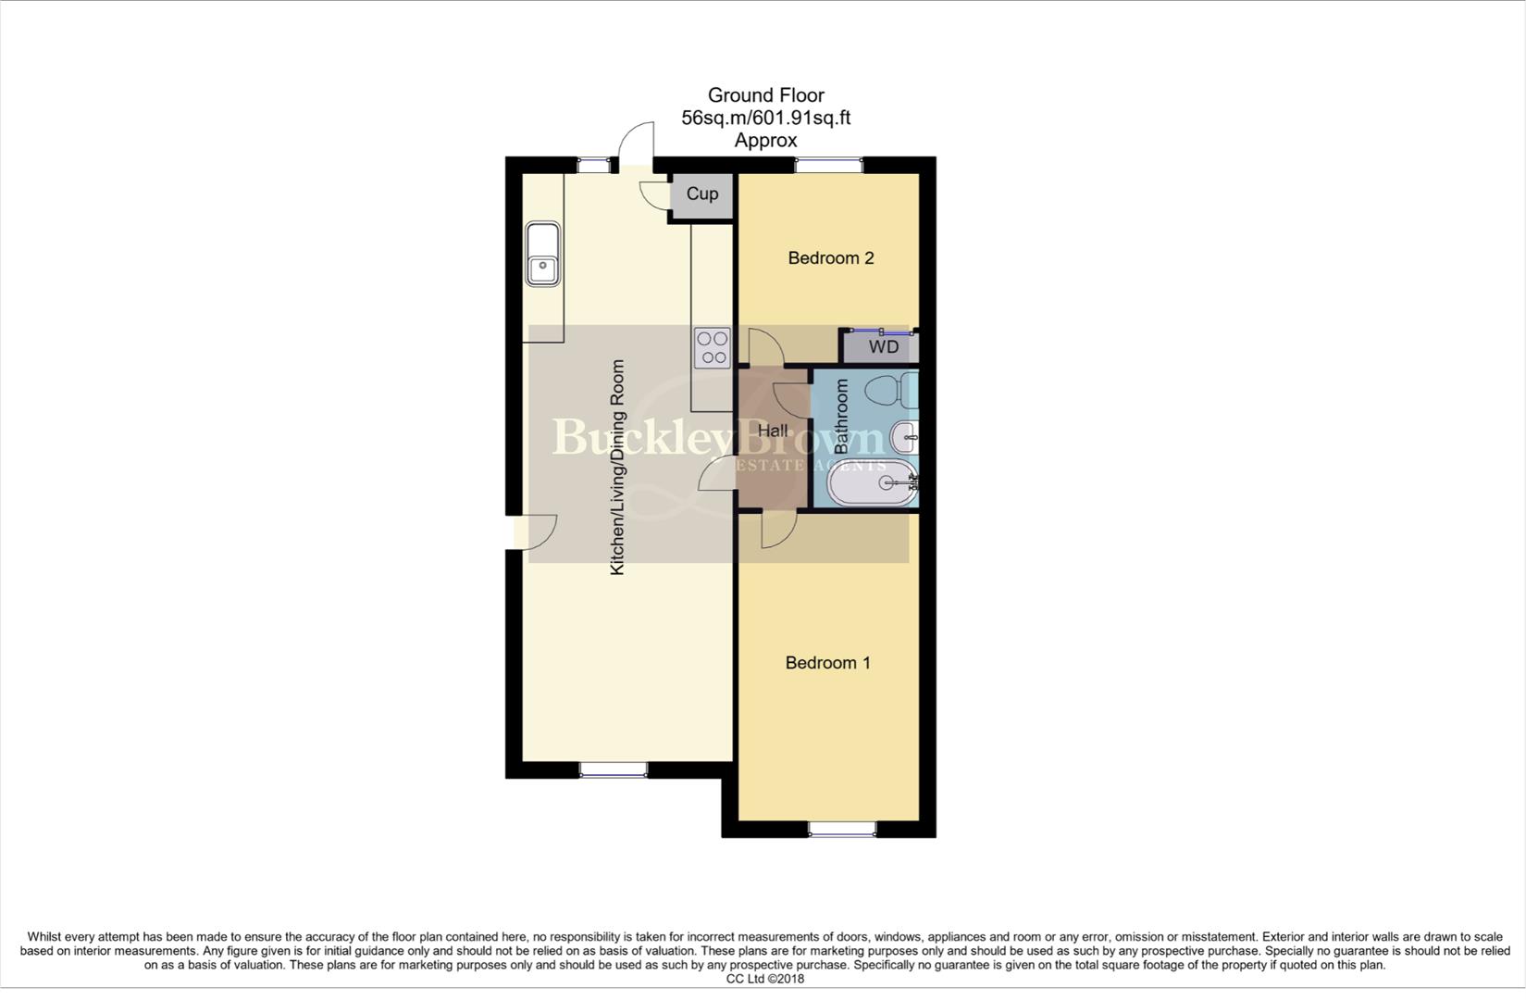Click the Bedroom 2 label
830,258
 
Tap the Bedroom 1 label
827,663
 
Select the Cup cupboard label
701,194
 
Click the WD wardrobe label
883,347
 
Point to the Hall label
773,431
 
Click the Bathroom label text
841,417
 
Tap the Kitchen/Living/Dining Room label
617,468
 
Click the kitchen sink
542,255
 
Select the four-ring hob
713,348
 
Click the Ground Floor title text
765,95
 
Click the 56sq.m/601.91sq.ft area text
765,119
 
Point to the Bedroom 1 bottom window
842,829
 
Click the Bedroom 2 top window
828,166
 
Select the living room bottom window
613,769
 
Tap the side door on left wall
532,532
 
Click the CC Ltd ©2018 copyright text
764,979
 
